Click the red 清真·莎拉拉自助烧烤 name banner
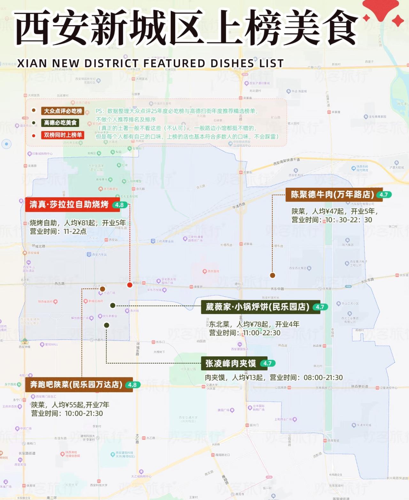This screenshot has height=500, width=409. click(69, 205)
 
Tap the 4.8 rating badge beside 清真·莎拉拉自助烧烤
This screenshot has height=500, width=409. click(120, 205)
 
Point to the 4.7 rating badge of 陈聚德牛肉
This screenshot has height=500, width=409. click(383, 195)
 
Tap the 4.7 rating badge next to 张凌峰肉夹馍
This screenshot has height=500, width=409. click(267, 363)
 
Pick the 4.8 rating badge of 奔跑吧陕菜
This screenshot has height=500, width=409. click(132, 385)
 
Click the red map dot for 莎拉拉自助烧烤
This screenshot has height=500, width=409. click(129, 285)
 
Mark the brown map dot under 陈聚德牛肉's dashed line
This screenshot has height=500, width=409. click(272, 275)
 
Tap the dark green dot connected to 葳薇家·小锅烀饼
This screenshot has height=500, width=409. click(112, 305)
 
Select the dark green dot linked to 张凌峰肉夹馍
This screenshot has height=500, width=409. click(106, 325)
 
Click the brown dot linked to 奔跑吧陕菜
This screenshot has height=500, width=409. click(102, 289)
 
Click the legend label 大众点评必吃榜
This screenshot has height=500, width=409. click(63, 111)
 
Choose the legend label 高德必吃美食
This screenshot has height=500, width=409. click(60, 123)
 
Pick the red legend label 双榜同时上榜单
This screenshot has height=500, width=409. click(63, 135)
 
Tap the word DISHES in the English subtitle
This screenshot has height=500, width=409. click(232, 63)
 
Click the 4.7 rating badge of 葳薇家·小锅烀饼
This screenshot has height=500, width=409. click(320, 307)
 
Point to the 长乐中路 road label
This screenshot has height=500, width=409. click(277, 289)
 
